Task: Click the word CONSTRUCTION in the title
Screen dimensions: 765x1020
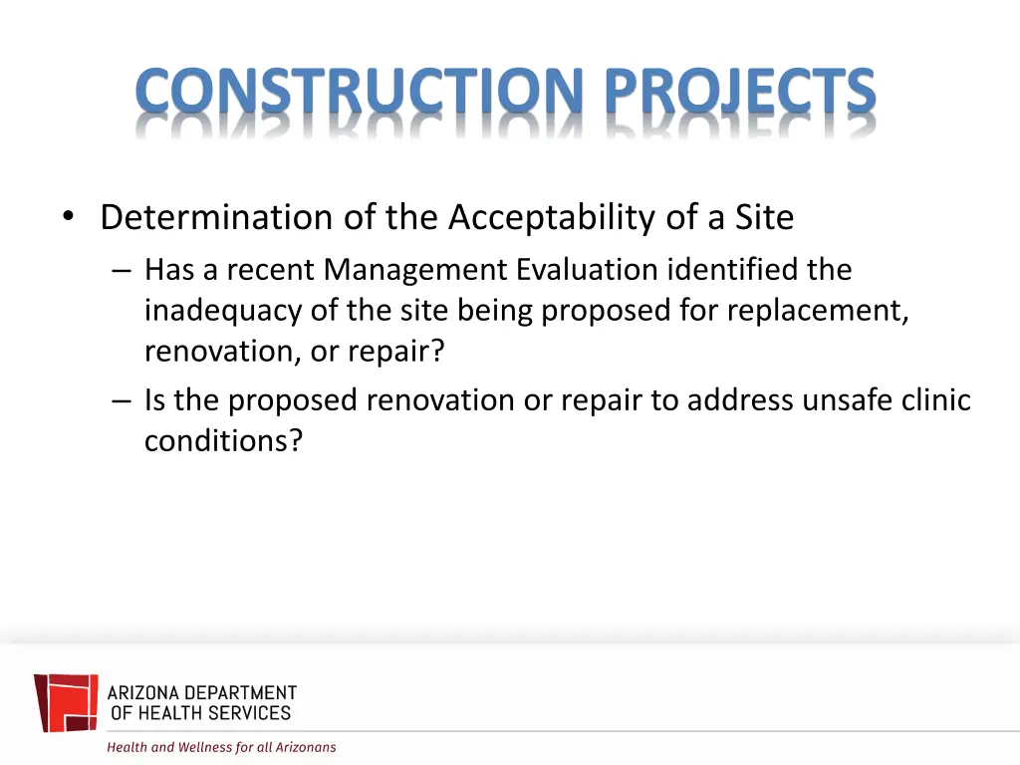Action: point(360,92)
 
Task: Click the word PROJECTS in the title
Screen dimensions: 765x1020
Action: point(742,92)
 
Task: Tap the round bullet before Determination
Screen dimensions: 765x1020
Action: point(68,217)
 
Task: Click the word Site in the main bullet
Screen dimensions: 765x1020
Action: point(766,217)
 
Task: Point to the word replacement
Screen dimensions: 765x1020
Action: point(817,311)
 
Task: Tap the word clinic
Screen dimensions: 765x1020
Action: point(932,399)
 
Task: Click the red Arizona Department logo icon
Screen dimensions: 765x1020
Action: point(67,702)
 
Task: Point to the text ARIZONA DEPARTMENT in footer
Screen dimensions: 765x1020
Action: point(202,692)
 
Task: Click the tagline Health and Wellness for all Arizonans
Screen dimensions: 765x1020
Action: point(221,747)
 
